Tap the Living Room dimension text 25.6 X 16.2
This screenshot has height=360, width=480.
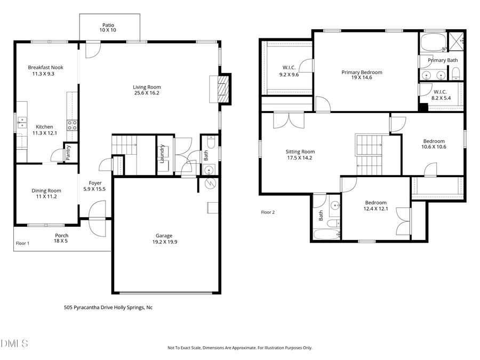pyautogui.click(x=147, y=93)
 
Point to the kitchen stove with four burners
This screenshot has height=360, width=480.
pyautogui.click(x=71, y=125)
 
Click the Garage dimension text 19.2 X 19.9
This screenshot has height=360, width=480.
pyautogui.click(x=164, y=242)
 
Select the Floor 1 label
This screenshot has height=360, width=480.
pyautogui.click(x=22, y=243)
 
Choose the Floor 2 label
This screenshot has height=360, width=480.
pyautogui.click(x=268, y=212)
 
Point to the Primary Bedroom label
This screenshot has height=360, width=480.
pyautogui.click(x=362, y=72)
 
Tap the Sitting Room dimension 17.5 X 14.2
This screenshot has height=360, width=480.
pyautogui.click(x=300, y=158)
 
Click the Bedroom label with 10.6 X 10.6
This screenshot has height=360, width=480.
pyautogui.click(x=434, y=141)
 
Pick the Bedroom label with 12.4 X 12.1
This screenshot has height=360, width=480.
pyautogui.click(x=375, y=203)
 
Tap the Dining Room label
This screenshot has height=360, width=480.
pyautogui.click(x=46, y=190)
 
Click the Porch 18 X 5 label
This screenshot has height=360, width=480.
pyautogui.click(x=62, y=235)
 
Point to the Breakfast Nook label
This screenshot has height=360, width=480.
pyautogui.click(x=43, y=67)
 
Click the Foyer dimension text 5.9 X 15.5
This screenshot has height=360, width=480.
pyautogui.click(x=95, y=189)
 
